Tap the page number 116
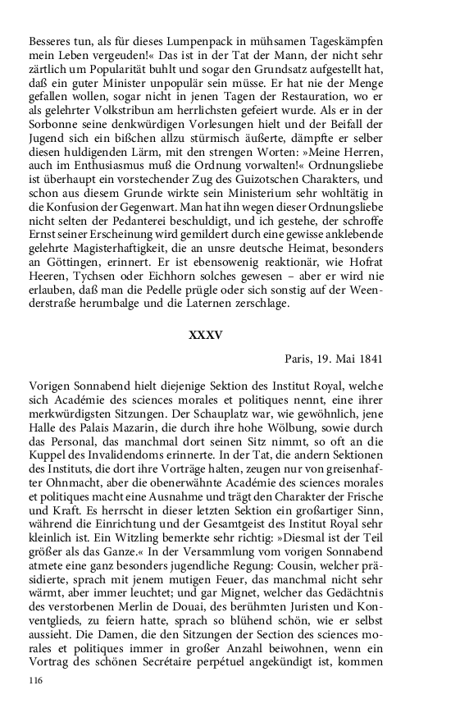(x=35, y=680)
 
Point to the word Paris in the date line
(x=300, y=359)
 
